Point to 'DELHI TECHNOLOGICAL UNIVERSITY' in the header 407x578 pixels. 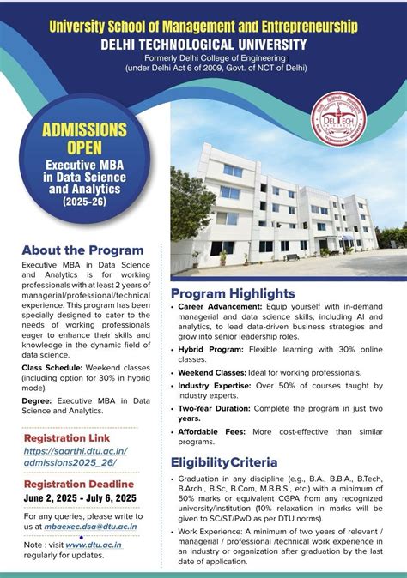pos(203,44)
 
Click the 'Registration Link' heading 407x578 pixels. pos(67,437)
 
